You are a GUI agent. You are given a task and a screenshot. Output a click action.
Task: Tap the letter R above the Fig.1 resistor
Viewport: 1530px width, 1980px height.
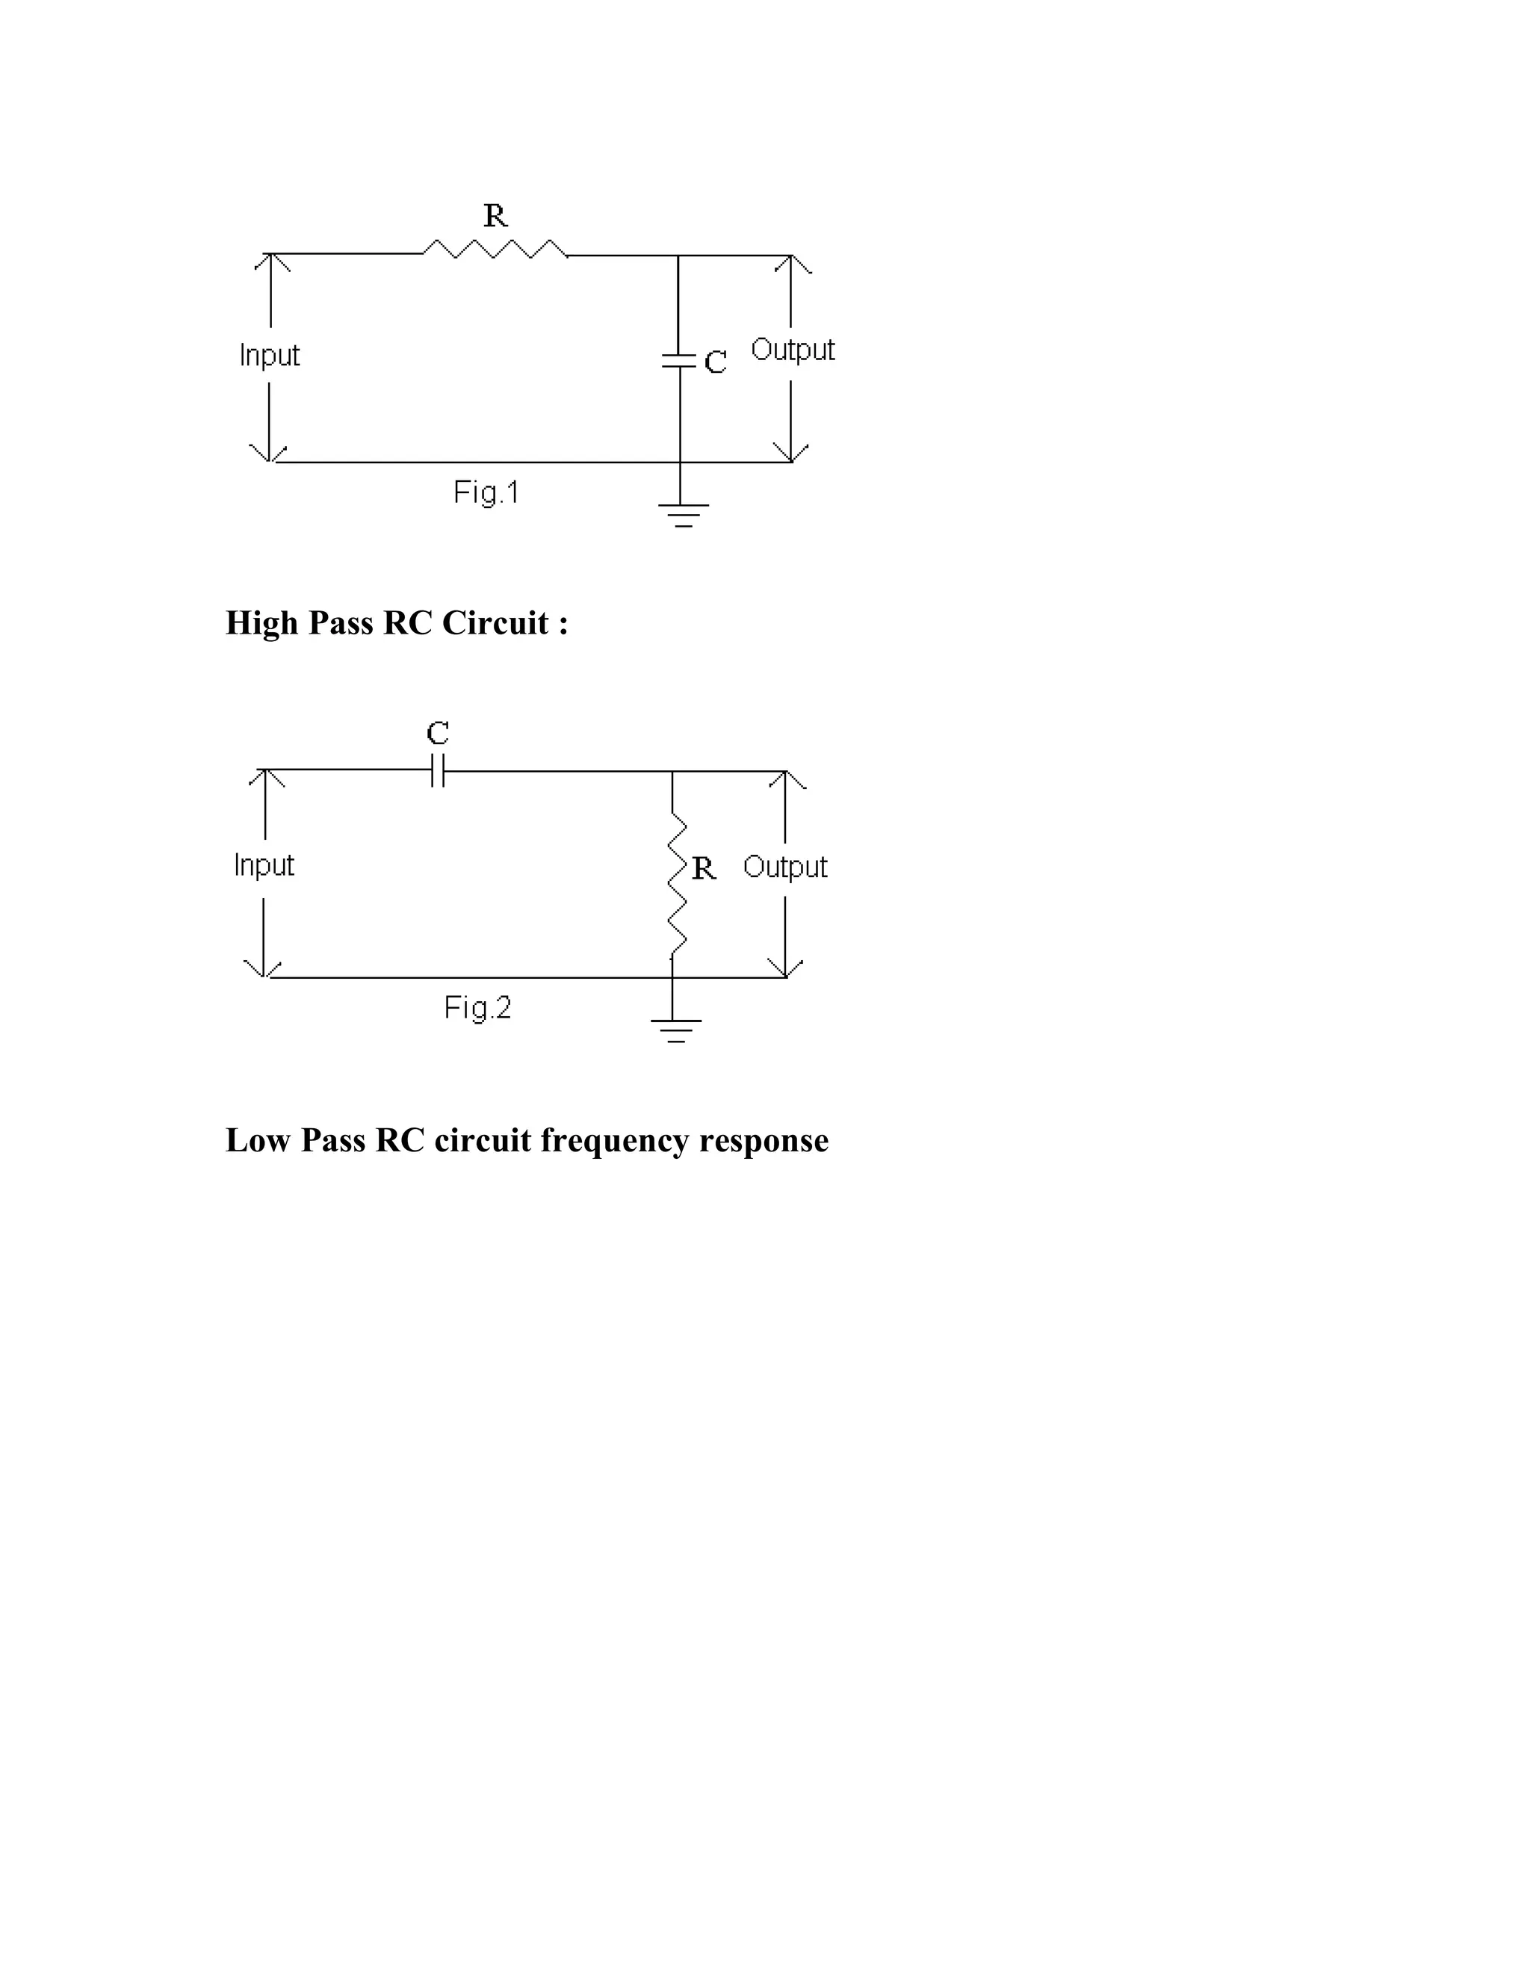coord(495,216)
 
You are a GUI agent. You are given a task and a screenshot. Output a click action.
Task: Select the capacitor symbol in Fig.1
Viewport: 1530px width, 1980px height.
coord(679,360)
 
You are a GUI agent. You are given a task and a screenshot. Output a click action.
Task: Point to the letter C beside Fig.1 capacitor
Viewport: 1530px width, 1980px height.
coord(715,362)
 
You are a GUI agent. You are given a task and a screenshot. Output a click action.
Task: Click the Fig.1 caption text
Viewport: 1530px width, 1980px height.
coord(486,492)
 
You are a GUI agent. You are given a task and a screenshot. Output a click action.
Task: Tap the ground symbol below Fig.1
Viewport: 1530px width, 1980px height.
coord(684,515)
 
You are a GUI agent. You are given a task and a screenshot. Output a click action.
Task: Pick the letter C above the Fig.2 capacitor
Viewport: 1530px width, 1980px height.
coord(438,732)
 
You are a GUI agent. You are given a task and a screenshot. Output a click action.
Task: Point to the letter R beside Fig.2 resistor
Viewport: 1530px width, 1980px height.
coord(703,868)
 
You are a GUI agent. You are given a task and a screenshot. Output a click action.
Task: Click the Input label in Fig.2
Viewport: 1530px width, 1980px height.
coord(264,865)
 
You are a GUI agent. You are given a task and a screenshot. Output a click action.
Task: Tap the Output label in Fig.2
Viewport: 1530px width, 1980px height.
coord(785,867)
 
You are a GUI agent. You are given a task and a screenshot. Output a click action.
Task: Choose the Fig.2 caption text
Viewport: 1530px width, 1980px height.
coord(477,1008)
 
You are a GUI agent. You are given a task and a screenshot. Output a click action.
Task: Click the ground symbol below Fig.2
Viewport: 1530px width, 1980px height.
coord(675,1031)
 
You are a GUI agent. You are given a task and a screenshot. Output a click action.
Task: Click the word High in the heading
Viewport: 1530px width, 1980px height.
coord(262,623)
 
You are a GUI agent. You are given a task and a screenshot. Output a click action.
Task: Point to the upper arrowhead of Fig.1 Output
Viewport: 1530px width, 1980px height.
coord(791,263)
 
